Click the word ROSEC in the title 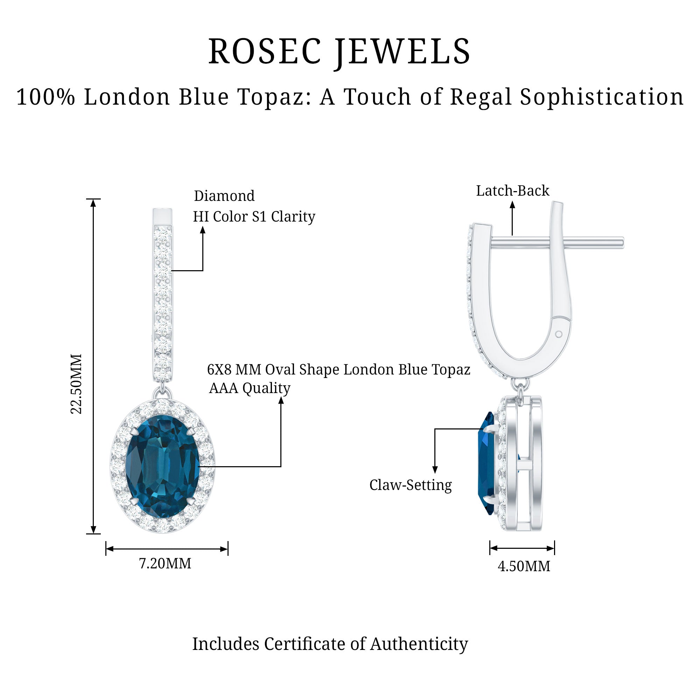click(265, 51)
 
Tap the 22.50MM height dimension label click(76, 384)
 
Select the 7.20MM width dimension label click(165, 564)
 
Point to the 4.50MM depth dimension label click(524, 566)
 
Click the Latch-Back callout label click(512, 191)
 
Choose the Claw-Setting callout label click(411, 485)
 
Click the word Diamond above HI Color click(224, 196)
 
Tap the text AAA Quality click(250, 388)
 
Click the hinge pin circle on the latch click(559, 334)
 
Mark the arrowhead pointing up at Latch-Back click(512, 205)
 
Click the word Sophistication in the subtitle click(602, 97)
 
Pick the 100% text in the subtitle click(45, 97)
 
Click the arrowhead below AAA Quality click(281, 401)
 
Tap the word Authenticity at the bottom click(419, 644)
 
